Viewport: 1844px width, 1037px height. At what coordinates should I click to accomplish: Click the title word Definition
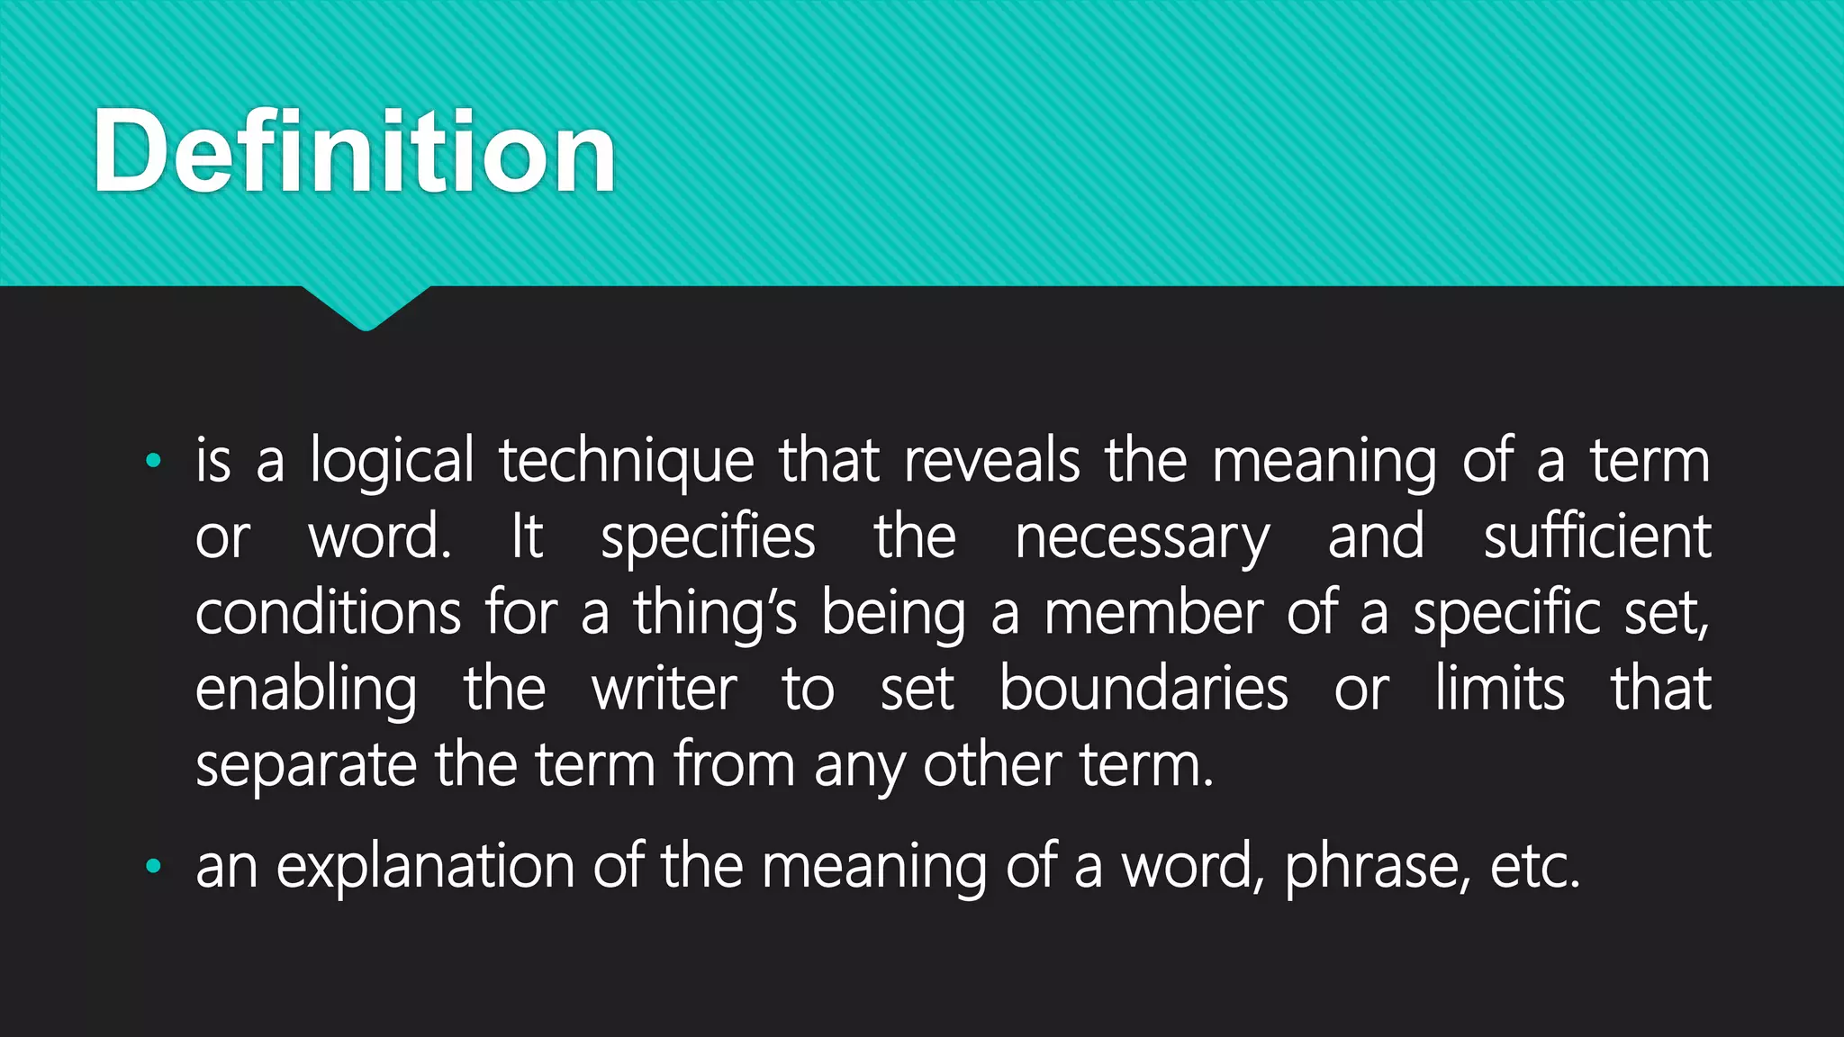(354, 151)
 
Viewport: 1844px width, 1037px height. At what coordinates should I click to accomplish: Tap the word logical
(392, 462)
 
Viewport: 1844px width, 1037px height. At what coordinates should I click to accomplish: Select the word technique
(627, 462)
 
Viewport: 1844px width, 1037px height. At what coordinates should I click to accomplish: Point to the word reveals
(991, 460)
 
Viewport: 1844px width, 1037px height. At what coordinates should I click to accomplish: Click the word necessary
(1143, 538)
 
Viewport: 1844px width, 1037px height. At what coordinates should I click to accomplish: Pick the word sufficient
(1597, 537)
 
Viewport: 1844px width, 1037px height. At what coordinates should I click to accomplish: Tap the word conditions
(328, 613)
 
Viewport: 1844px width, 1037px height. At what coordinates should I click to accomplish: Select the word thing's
(715, 615)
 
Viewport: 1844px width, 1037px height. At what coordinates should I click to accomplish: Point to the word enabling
(306, 691)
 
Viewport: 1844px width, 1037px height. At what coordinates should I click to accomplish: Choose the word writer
(664, 690)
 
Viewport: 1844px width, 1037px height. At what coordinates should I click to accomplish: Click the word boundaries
(1143, 690)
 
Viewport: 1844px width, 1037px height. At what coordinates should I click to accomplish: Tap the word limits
(1499, 690)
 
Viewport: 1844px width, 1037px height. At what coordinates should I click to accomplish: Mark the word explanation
(425, 868)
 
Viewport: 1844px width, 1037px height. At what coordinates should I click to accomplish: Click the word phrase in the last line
(1378, 868)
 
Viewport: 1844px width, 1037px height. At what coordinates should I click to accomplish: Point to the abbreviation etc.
(1535, 868)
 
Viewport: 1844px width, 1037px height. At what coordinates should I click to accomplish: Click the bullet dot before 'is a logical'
(153, 461)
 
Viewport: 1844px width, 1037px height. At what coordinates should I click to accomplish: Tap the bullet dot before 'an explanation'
(153, 867)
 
